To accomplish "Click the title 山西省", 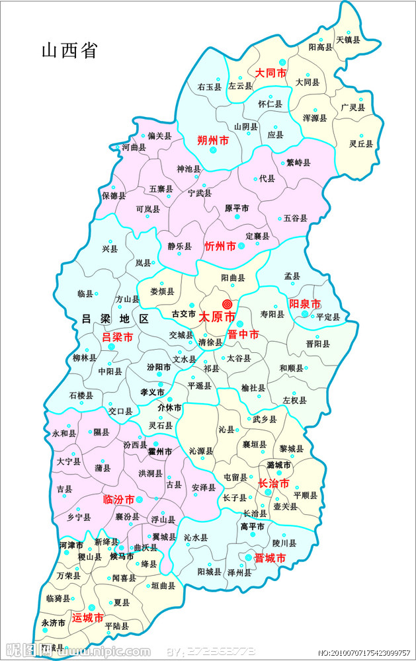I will (x=69, y=51).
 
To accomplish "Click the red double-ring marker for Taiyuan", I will (x=228, y=304).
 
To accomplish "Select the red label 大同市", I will (x=270, y=73).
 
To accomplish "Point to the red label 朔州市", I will (x=213, y=140).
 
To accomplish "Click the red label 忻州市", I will (x=220, y=246).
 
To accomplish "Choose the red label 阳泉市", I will (x=305, y=304).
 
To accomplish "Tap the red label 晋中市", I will (x=243, y=335).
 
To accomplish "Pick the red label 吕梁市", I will (x=117, y=337).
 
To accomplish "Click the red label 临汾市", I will (x=119, y=500).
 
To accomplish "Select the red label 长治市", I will (x=273, y=484).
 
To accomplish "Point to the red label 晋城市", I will (x=270, y=559).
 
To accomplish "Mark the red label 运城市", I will (x=88, y=619).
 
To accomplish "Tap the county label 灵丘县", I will (x=361, y=143).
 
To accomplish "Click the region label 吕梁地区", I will (x=115, y=318).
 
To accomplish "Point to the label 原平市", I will (x=237, y=208).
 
